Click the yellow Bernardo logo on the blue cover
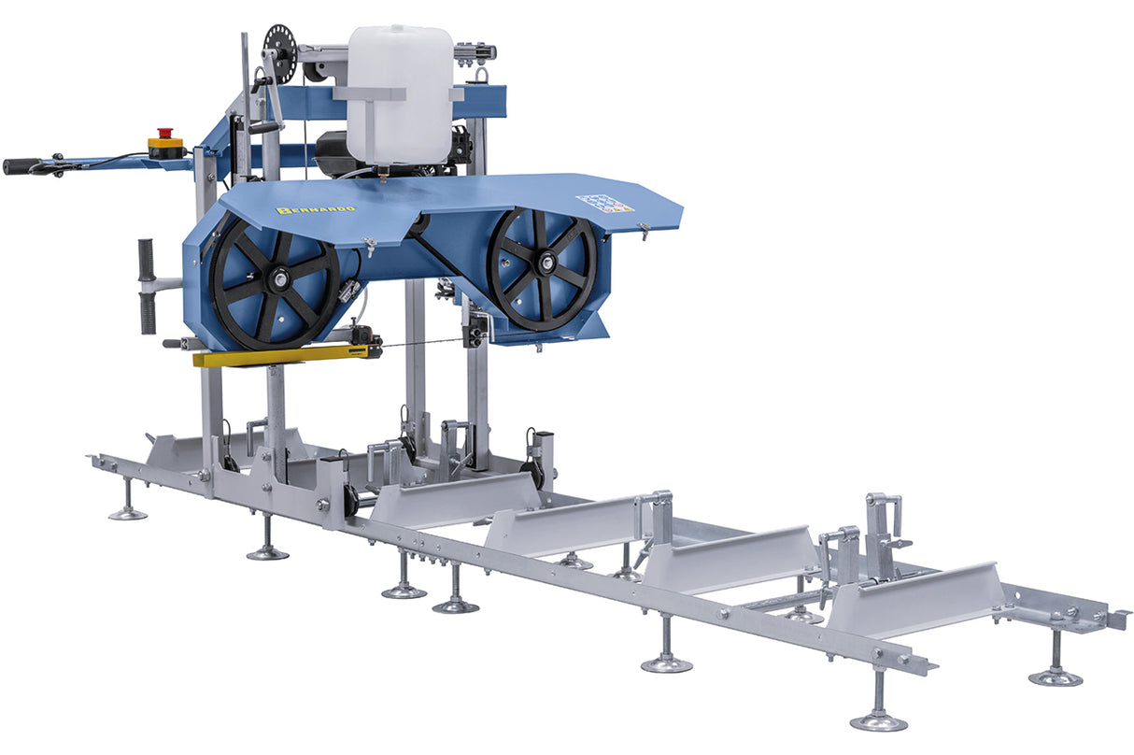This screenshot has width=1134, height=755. [x=316, y=208]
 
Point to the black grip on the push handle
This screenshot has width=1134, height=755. [x=21, y=166]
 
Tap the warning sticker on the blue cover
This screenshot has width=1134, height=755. [x=604, y=203]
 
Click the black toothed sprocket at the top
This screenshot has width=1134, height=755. [x=278, y=43]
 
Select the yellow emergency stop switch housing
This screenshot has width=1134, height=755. [x=166, y=147]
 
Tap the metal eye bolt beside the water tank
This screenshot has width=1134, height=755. [x=482, y=75]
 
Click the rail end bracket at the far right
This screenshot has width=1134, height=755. [x=1116, y=618]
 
